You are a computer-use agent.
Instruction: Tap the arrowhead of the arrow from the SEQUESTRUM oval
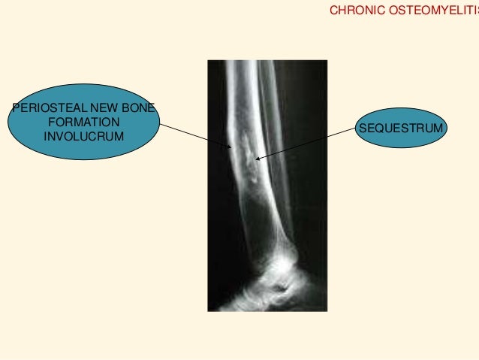point(258,158)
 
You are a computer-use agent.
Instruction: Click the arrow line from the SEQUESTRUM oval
point(308,143)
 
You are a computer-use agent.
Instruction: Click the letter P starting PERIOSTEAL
point(14,107)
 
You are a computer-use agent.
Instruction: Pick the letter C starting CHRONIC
point(333,12)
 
